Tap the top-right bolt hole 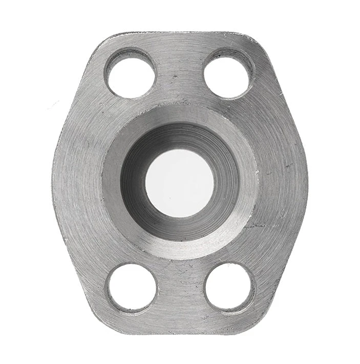[x=228, y=73]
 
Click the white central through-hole [x=179, y=182]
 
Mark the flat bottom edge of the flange [x=179, y=332]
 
